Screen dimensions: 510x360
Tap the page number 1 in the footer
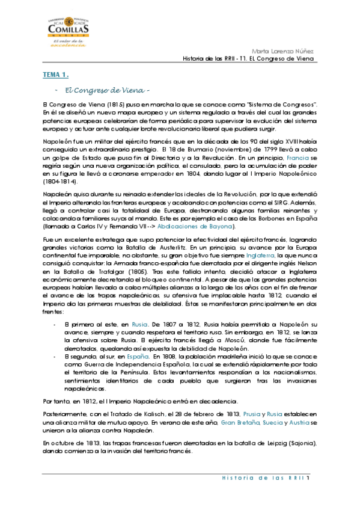click(x=307, y=479)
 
